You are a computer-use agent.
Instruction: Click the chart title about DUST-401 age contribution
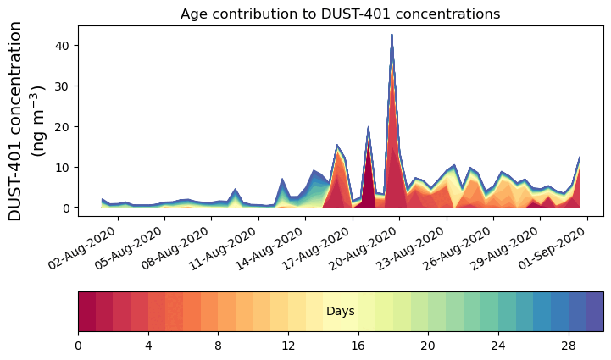[340, 14]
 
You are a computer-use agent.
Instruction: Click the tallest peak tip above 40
[392, 35]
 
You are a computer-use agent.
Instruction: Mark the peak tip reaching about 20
[368, 127]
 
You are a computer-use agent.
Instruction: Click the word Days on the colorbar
[341, 312]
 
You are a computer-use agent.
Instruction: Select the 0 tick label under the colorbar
[79, 346]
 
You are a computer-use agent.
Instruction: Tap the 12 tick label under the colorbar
[288, 346]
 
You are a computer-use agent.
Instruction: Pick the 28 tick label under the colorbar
[568, 346]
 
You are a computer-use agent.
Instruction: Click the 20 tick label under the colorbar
[428, 346]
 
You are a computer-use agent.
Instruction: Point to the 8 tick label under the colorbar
[219, 346]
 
